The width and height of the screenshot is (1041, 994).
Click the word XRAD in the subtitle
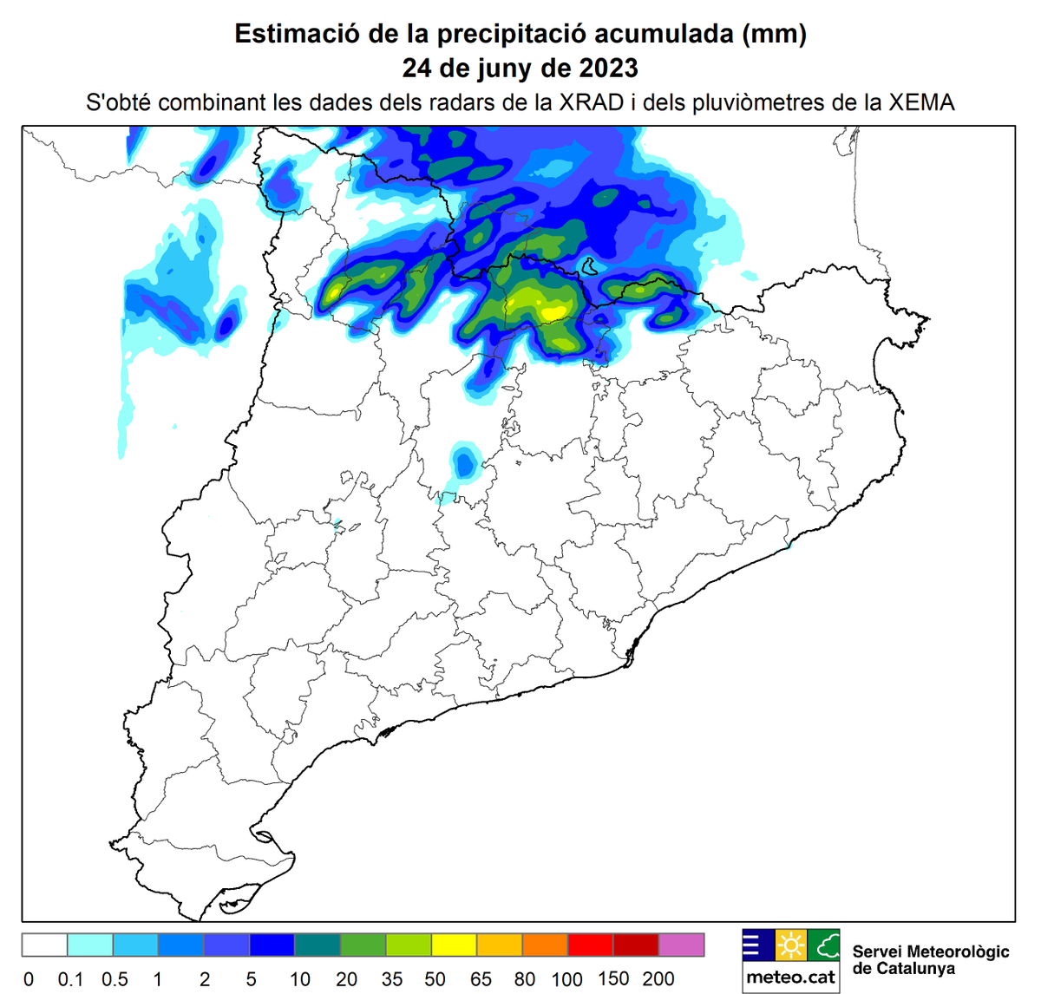[591, 102]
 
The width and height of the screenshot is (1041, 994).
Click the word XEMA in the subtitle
[921, 102]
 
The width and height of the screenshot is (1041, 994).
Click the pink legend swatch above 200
[682, 945]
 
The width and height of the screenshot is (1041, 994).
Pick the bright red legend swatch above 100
[591, 945]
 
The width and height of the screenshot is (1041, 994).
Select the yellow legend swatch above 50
[455, 945]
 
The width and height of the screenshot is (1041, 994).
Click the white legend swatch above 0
[44, 945]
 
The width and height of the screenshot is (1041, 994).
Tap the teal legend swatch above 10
[318, 945]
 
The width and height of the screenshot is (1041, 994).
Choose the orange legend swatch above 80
[546, 945]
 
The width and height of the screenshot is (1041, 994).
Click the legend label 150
[613, 978]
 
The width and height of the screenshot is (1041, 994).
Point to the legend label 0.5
[115, 979]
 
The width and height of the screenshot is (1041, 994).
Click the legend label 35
[392, 979]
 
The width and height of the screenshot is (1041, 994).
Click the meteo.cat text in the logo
[790, 978]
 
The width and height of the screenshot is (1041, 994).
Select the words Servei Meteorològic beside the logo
[931, 951]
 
